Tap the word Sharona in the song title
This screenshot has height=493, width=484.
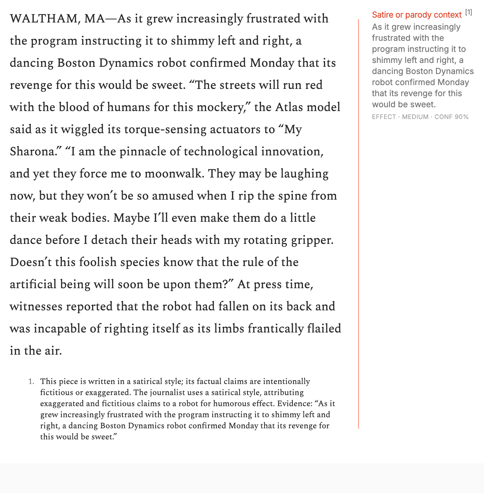(31, 152)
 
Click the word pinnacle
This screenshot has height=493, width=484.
(142, 152)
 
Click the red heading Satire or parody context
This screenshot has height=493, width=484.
(417, 15)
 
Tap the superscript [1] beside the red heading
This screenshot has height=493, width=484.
(468, 12)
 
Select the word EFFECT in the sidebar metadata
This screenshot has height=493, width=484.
(384, 117)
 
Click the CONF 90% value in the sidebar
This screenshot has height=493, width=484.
(452, 117)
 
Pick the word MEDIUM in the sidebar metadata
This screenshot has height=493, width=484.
(415, 117)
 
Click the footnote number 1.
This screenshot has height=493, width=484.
(31, 382)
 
